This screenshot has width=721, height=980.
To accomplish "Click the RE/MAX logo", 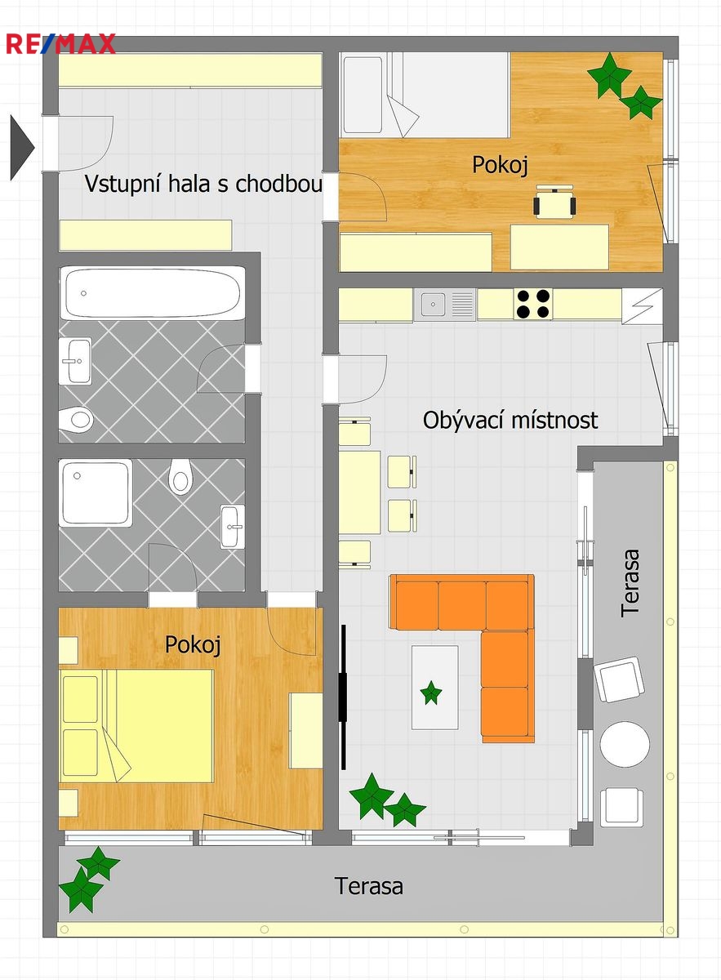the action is click(60, 44).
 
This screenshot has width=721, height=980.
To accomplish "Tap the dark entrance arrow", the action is click(22, 148).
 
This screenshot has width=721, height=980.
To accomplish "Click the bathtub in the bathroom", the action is click(152, 292).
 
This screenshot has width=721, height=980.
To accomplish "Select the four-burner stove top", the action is click(532, 304).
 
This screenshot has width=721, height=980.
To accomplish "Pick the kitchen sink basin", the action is click(433, 304).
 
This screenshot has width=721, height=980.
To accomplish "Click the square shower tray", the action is click(96, 492).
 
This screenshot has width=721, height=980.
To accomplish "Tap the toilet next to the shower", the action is click(180, 476).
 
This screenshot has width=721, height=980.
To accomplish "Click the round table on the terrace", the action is click(625, 744).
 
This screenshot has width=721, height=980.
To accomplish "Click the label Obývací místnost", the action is click(510, 421).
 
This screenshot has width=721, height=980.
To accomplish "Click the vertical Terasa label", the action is click(630, 583).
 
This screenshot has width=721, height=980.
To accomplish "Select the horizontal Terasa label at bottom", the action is click(368, 886).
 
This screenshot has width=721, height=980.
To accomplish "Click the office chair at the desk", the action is click(554, 202).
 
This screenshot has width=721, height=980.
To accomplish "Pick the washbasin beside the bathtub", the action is click(75, 361).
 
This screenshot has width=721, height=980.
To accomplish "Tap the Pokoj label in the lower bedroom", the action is click(193, 645).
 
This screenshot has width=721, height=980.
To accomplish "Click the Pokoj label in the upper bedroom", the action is click(500, 165).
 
